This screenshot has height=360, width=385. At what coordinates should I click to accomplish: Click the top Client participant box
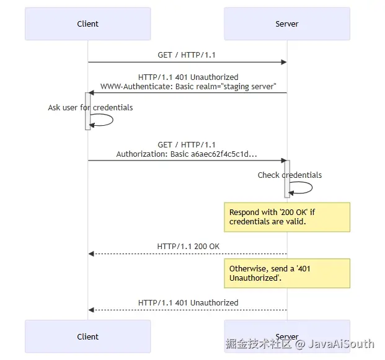[x=87, y=24]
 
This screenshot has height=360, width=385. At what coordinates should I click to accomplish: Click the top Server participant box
[x=286, y=24]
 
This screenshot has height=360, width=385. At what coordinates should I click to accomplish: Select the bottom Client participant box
[x=87, y=336]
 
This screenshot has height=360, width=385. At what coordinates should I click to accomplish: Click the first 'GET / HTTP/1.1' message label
[x=187, y=55]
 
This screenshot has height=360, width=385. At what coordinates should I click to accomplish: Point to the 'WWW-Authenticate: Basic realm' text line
[x=188, y=86]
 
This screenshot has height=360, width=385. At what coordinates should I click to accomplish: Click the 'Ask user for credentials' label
[x=91, y=107]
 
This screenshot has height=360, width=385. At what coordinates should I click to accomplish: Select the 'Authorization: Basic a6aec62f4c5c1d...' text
[x=187, y=154]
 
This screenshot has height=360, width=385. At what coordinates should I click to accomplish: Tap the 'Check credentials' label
[x=290, y=175]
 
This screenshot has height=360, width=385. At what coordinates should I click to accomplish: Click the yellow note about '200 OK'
[x=286, y=217]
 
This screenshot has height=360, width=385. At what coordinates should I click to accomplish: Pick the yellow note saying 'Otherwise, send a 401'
[x=286, y=273]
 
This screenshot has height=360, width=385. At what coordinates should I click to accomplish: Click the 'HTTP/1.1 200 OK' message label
[x=188, y=246]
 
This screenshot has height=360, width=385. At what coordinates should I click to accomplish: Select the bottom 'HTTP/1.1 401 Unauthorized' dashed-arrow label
[x=188, y=302]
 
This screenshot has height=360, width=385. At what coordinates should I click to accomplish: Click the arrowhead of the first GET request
[x=283, y=62]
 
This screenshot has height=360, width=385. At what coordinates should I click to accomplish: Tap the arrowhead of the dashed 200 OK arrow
[x=91, y=253]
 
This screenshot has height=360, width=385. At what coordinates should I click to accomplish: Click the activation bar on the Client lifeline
[x=87, y=111]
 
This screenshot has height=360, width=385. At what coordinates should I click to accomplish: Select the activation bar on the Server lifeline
[x=287, y=178]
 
